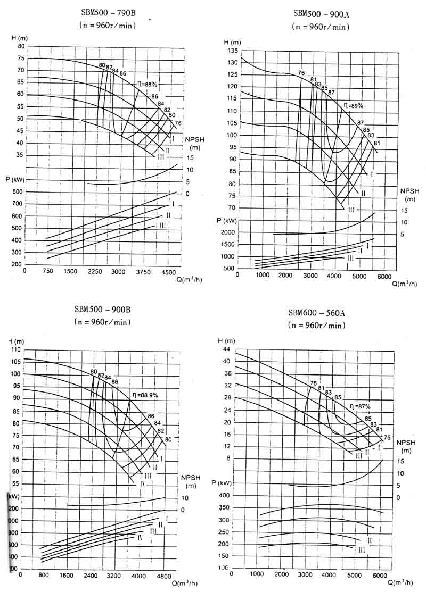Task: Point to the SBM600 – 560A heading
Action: click(316, 313)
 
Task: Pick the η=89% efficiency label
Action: click(353, 106)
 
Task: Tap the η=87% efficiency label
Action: click(360, 406)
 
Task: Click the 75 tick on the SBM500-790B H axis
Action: click(21, 58)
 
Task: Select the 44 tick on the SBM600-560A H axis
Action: click(226, 349)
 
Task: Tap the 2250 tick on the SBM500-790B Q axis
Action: click(95, 271)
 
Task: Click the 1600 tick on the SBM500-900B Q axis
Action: click(67, 576)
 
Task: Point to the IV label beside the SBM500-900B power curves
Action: click(140, 538)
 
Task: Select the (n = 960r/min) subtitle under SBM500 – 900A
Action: click(321, 27)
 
